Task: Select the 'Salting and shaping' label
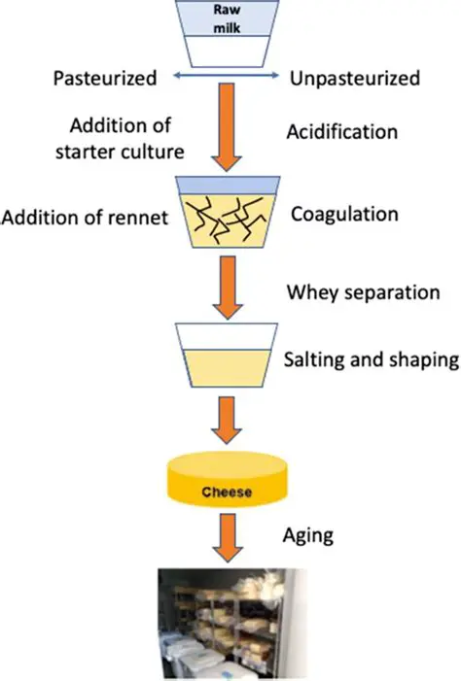371,359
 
